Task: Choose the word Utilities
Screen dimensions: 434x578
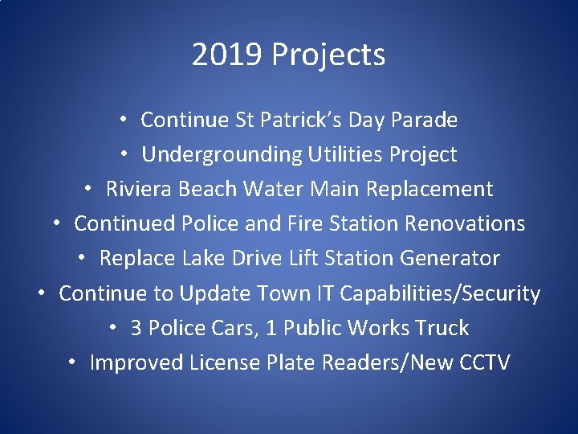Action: click(x=347, y=154)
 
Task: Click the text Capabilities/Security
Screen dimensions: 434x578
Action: click(x=440, y=293)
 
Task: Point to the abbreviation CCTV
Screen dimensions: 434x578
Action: click(x=485, y=363)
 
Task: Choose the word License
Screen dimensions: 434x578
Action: click(x=225, y=363)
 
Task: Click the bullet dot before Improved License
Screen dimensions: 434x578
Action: click(x=72, y=362)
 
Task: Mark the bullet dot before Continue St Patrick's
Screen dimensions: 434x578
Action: click(x=123, y=120)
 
